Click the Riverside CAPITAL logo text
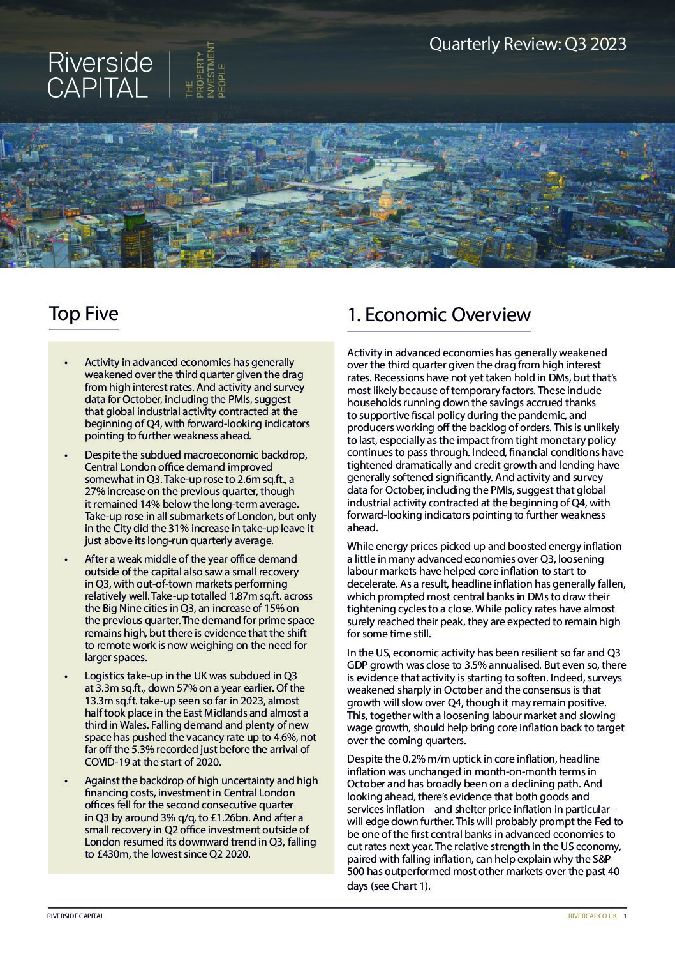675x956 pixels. (x=100, y=75)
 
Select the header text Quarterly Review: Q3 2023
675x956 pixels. (x=527, y=44)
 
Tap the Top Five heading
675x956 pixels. (x=84, y=314)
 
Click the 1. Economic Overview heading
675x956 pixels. (x=439, y=315)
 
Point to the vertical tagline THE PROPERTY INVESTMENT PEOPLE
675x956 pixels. (x=205, y=70)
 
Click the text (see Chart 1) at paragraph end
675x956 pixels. (x=400, y=886)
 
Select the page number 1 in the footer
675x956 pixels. (x=625, y=916)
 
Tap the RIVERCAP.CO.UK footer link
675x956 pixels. (x=592, y=916)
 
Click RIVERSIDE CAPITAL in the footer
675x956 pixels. (x=75, y=916)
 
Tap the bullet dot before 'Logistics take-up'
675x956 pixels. (x=66, y=676)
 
